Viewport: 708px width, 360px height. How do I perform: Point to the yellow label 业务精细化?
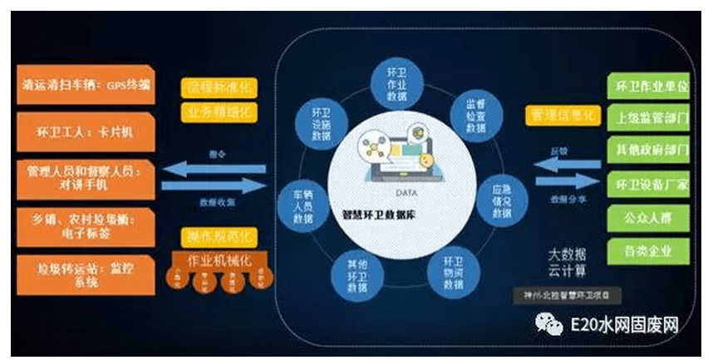pyautogui.click(x=219, y=111)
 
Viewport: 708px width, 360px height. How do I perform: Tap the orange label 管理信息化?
pyautogui.click(x=564, y=113)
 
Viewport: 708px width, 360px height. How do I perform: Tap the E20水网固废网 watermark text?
pyautogui.click(x=622, y=321)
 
